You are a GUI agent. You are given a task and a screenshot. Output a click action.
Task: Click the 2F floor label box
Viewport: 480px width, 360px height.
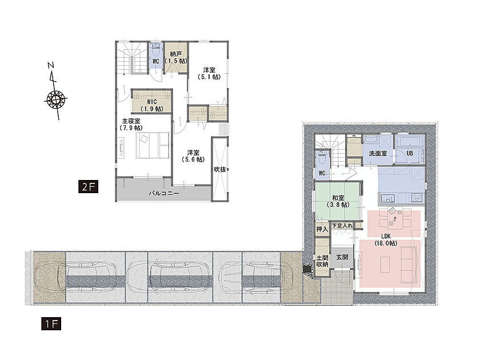[88, 187]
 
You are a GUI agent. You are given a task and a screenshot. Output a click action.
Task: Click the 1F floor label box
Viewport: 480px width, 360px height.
[51, 324]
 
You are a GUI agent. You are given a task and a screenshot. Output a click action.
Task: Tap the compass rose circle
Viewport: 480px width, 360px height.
[56, 99]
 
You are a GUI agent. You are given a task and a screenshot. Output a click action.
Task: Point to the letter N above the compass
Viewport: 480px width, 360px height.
[51, 65]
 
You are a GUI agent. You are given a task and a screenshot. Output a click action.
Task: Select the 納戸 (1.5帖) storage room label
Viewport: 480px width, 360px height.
[175, 58]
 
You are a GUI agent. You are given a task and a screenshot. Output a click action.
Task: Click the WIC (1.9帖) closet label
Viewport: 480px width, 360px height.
[151, 105]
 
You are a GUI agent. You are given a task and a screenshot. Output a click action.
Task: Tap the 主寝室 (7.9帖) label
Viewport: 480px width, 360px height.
[131, 125]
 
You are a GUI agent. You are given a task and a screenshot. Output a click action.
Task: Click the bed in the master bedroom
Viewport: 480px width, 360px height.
[153, 145]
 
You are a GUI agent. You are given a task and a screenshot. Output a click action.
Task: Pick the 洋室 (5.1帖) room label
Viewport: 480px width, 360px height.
[209, 74]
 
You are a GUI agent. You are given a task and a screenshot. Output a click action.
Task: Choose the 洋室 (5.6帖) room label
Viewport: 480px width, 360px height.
[193, 156]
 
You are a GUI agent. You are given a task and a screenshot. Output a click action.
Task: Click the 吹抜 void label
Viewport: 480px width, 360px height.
[220, 169]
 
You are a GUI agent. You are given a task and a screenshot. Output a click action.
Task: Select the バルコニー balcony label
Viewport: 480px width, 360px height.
[164, 194]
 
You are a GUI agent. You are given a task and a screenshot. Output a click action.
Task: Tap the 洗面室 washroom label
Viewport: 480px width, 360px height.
[378, 153]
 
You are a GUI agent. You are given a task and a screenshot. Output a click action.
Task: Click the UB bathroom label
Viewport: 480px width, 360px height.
[410, 153]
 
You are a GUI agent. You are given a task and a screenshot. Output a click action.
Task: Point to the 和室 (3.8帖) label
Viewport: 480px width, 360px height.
[338, 201]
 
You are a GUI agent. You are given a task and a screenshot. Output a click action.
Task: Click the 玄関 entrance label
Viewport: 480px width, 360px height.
[342, 257]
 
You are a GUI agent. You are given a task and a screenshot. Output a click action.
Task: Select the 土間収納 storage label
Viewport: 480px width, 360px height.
[322, 261]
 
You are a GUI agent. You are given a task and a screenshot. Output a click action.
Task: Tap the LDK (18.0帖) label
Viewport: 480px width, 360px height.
[386, 239]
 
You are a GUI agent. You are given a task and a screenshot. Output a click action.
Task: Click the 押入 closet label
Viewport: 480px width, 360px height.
[322, 229]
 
